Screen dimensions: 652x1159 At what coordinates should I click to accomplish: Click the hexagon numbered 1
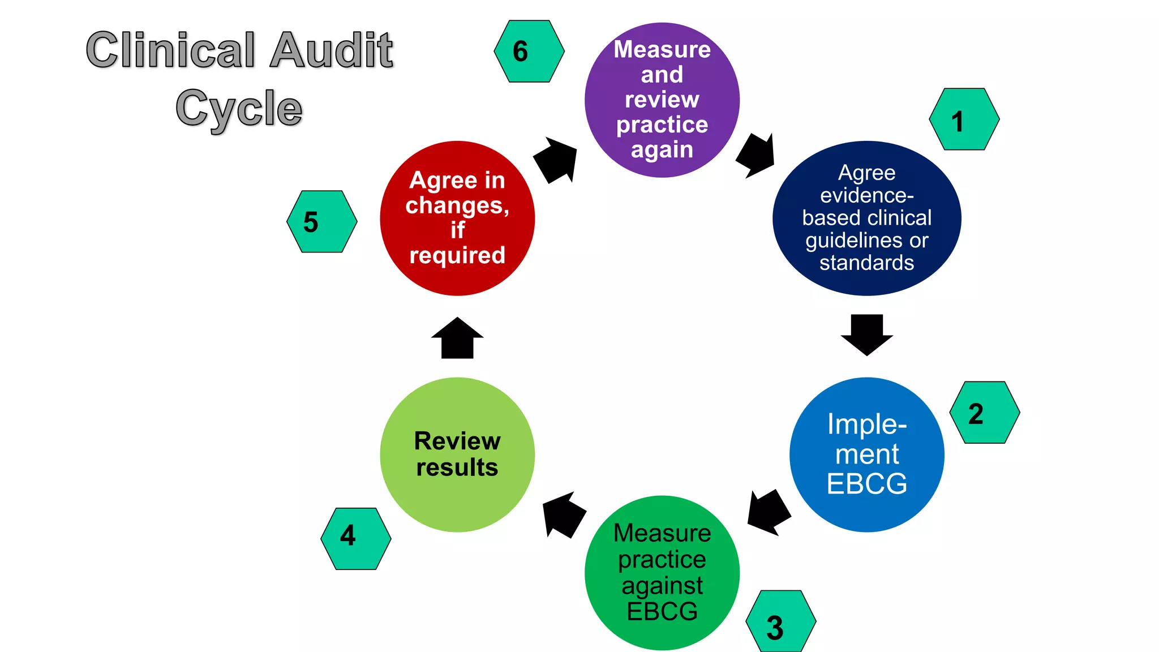(x=964, y=119)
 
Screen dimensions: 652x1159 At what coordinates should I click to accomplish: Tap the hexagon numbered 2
(x=985, y=413)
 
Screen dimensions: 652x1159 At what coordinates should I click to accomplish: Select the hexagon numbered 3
(x=781, y=621)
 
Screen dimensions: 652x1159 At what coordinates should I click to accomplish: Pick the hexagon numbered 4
(x=356, y=539)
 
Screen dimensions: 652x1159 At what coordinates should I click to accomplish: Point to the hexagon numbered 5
(x=322, y=221)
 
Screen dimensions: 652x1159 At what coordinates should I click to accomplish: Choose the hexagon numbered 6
(x=529, y=52)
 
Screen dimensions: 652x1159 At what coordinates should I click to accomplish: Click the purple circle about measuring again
(x=662, y=100)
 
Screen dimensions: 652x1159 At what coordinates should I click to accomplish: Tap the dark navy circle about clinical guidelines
(x=866, y=218)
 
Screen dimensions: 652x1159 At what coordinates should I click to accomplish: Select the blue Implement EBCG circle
(x=866, y=454)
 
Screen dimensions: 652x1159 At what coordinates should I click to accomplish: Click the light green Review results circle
(x=457, y=454)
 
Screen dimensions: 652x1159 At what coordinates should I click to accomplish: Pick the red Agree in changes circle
(x=457, y=218)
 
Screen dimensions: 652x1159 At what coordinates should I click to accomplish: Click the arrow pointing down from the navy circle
(x=866, y=334)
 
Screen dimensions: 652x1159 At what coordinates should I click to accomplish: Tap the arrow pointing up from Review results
(x=457, y=338)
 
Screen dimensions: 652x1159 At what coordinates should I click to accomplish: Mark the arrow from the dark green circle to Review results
(x=563, y=514)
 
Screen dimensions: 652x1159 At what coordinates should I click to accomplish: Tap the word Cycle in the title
(x=239, y=109)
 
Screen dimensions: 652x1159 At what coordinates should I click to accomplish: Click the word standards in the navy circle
(x=866, y=263)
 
